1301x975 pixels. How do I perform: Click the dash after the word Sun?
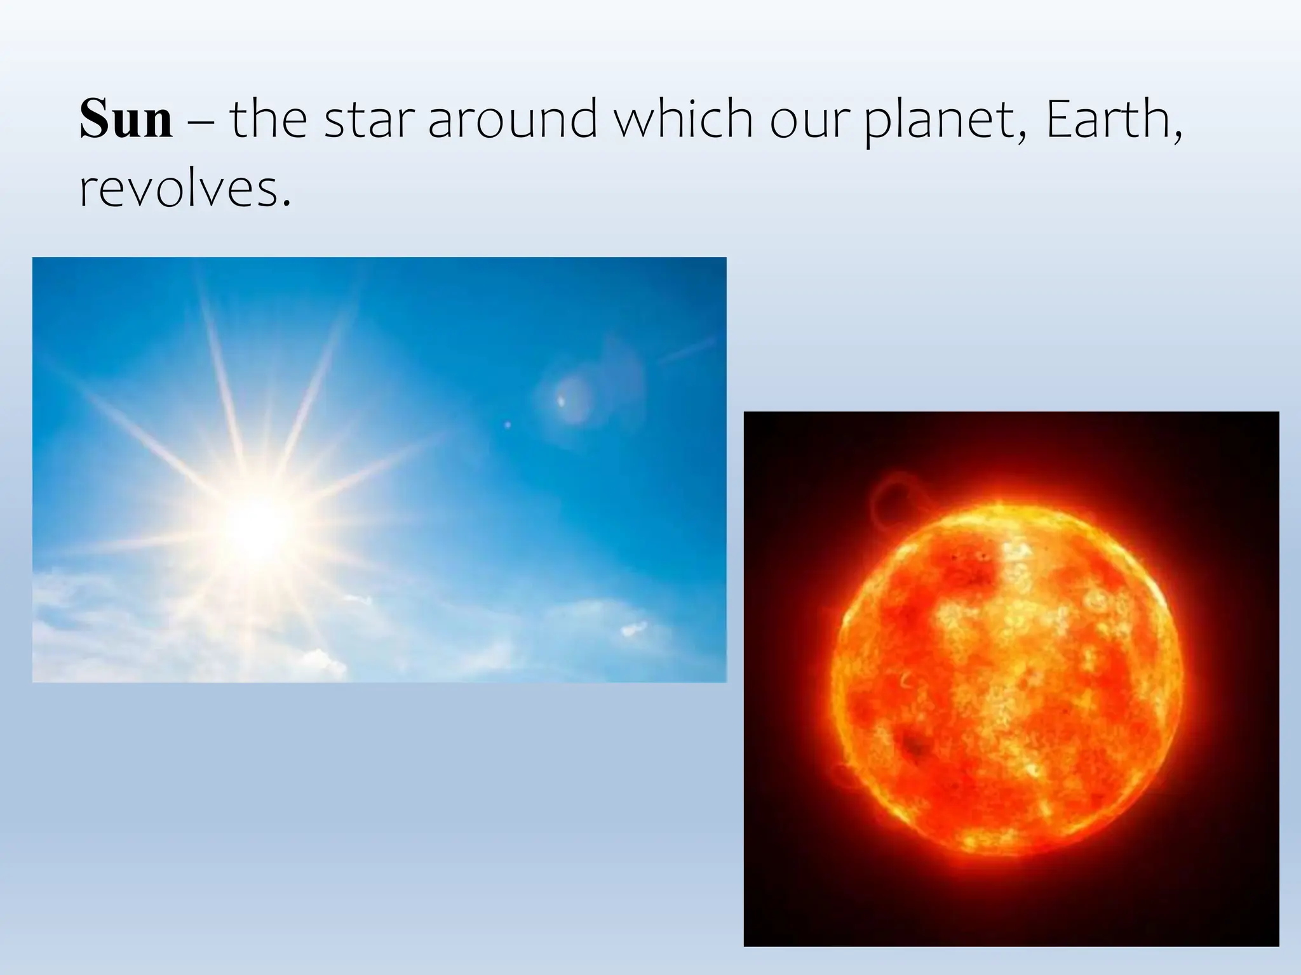pyautogui.click(x=201, y=121)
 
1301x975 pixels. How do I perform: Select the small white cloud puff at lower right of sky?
pyautogui.click(x=633, y=629)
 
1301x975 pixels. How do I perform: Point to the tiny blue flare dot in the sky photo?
pyautogui.click(x=507, y=424)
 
